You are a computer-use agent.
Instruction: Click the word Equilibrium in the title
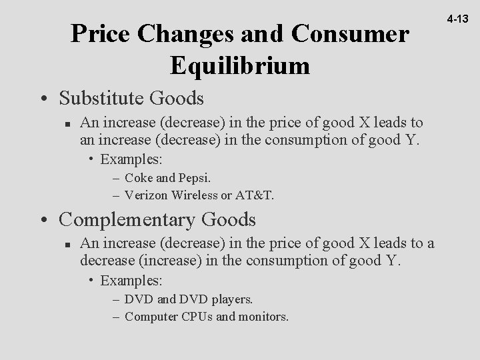point(240,65)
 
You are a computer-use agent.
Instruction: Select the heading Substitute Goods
point(131,99)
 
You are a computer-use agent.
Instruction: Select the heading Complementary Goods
point(158,219)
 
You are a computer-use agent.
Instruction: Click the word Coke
point(137,179)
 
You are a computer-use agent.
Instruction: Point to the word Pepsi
point(194,179)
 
